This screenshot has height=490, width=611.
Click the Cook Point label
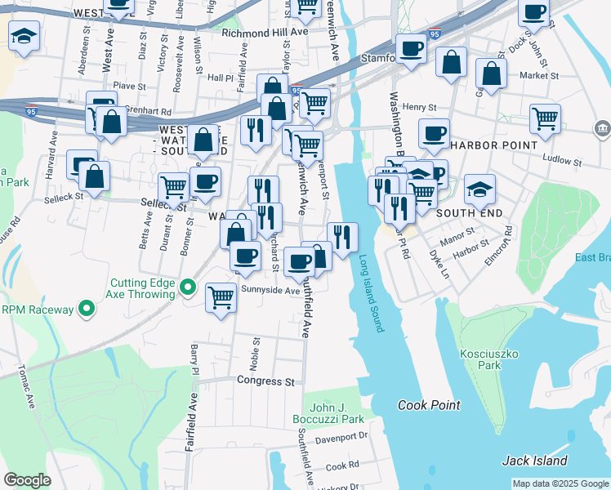(x=429, y=405)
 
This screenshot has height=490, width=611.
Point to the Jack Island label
(x=535, y=461)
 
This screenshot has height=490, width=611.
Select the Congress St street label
(x=265, y=381)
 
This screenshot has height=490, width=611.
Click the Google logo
(x=27, y=479)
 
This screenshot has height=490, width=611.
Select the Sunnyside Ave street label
(x=270, y=290)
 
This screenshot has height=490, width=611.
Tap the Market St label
(x=539, y=76)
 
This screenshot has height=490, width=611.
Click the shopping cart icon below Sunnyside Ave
(x=221, y=296)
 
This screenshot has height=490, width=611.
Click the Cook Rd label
(x=342, y=465)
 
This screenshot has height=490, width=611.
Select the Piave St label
(x=129, y=85)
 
